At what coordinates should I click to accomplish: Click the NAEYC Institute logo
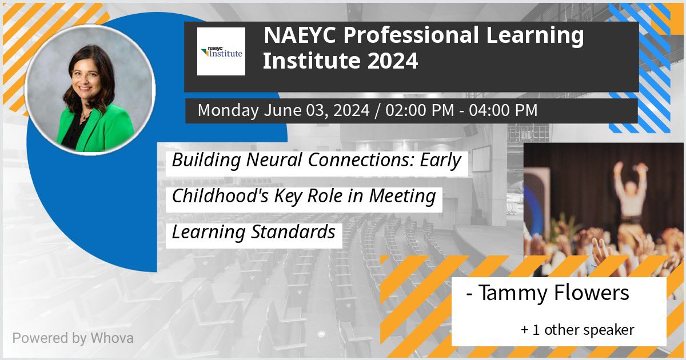[221, 52]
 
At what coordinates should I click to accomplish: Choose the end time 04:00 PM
[503, 110]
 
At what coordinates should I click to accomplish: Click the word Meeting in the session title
[402, 196]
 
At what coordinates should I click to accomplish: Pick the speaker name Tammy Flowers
[553, 293]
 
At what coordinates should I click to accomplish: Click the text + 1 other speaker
[577, 330]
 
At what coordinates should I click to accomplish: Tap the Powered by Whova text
[73, 338]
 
